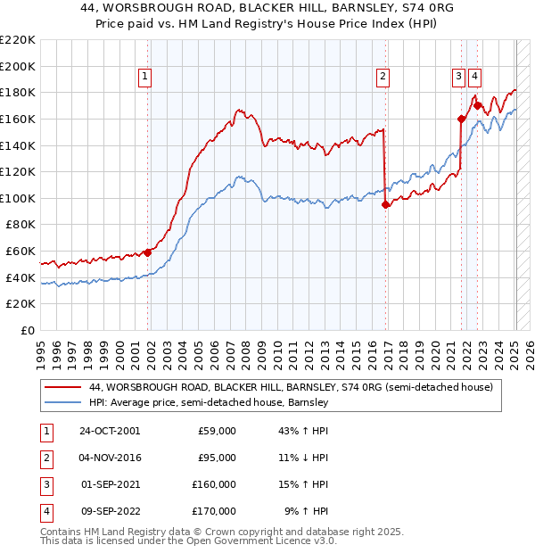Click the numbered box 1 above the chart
point(144,78)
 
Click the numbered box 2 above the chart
point(383,78)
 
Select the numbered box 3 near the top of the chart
point(458,78)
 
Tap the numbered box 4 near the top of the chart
point(474,78)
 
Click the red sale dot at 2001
point(148,252)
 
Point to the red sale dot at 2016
point(386,204)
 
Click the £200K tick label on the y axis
point(18,66)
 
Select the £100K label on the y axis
point(18,198)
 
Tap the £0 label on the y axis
point(27,330)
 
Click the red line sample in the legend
point(63,387)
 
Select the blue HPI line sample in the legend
point(63,403)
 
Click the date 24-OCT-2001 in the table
point(110,431)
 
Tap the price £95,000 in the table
point(217,458)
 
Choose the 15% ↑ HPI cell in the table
point(304,484)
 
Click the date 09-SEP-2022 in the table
point(110,511)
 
